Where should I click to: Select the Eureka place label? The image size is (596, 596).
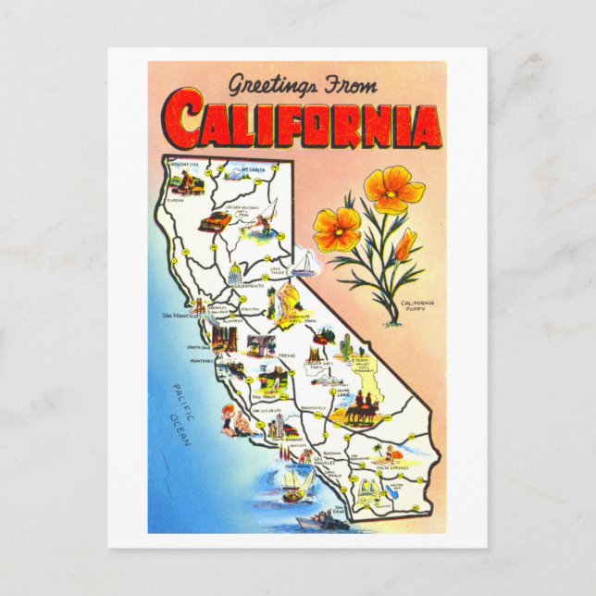point(176,200)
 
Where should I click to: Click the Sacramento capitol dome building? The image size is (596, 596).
point(235,276)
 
